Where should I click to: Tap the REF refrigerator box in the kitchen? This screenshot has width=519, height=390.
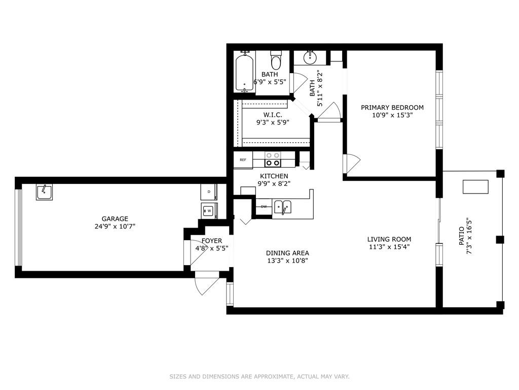(243, 160)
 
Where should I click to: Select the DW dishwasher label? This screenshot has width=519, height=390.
(264, 207)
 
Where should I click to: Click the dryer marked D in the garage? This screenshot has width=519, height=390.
(209, 191)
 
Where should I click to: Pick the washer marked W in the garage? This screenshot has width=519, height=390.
(209, 211)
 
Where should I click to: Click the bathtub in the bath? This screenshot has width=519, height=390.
(245, 73)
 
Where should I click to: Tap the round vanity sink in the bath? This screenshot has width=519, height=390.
(310, 58)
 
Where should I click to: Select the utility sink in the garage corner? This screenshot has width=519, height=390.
(44, 192)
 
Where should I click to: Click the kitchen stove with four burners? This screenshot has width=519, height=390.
(273, 159)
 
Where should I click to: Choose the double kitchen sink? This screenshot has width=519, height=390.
(283, 207)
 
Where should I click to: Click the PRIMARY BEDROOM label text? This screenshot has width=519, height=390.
(392, 108)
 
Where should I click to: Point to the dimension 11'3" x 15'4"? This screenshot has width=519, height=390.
(389, 247)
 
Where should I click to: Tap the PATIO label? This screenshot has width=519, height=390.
(461, 236)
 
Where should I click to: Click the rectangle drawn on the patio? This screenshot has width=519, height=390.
(475, 187)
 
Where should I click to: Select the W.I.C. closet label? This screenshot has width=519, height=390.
(273, 115)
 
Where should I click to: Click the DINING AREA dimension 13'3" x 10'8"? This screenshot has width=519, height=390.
(288, 261)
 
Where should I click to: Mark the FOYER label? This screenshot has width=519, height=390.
(212, 241)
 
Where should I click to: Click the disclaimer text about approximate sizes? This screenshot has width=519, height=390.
(259, 376)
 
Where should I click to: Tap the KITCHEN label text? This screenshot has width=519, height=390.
(274, 176)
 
